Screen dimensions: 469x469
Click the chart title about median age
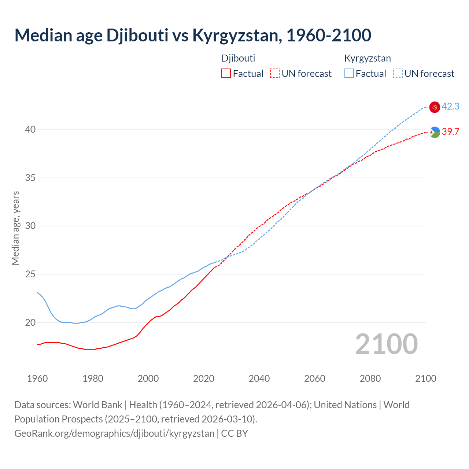[193, 35]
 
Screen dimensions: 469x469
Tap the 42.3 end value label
[450, 106]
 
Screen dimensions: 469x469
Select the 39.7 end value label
[450, 132]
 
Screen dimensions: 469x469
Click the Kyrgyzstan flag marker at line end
[435, 107]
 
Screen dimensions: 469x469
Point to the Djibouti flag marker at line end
[435, 132]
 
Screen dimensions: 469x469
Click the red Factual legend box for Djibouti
[226, 74]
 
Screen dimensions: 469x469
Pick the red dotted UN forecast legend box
[275, 74]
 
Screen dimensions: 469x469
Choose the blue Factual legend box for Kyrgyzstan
[349, 74]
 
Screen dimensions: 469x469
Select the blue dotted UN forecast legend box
[398, 74]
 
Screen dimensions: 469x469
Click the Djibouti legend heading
[238, 58]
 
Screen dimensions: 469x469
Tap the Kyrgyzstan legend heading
[368, 58]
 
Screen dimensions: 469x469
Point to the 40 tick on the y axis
[30, 129]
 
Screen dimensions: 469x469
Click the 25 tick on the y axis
[30, 274]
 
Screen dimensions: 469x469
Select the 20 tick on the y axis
[30, 322]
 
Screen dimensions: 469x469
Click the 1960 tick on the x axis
[37, 378]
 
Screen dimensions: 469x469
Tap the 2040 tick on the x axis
[259, 378]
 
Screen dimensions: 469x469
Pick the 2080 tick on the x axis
[370, 378]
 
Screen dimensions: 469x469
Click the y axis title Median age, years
[15, 228]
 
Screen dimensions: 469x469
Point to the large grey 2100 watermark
[387, 344]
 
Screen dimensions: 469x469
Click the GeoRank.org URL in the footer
[114, 433]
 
